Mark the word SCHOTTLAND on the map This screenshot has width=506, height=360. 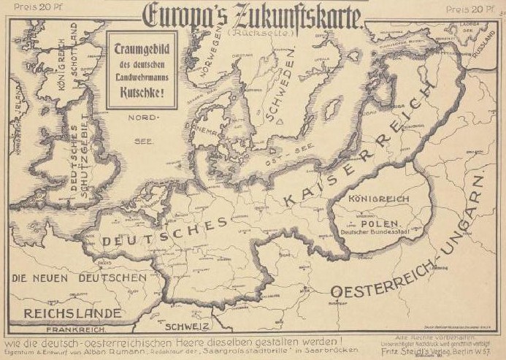[73, 44]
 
